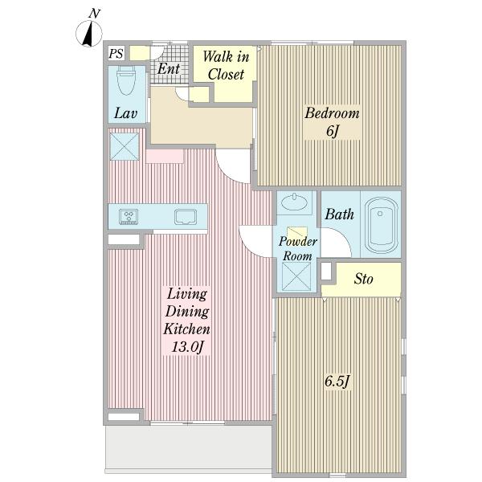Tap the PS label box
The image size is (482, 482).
click(x=116, y=54)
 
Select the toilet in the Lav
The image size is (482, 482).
click(x=126, y=81)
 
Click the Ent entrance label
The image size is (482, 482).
click(x=169, y=68)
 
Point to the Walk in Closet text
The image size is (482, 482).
click(x=226, y=66)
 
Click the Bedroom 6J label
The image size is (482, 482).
click(x=332, y=122)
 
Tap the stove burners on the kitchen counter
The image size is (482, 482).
click(x=129, y=216)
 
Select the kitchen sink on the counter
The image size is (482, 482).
click(x=186, y=217)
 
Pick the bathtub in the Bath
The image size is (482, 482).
click(x=381, y=224)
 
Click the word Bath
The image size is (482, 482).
click(x=339, y=214)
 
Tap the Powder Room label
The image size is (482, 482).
click(x=297, y=248)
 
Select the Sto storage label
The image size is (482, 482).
click(x=363, y=279)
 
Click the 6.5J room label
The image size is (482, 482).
click(x=337, y=382)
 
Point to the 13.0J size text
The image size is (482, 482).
click(x=187, y=347)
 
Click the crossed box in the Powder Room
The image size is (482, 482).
click(x=296, y=276)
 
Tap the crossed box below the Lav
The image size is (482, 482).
click(x=125, y=147)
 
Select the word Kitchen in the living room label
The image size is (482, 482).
click(x=186, y=329)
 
